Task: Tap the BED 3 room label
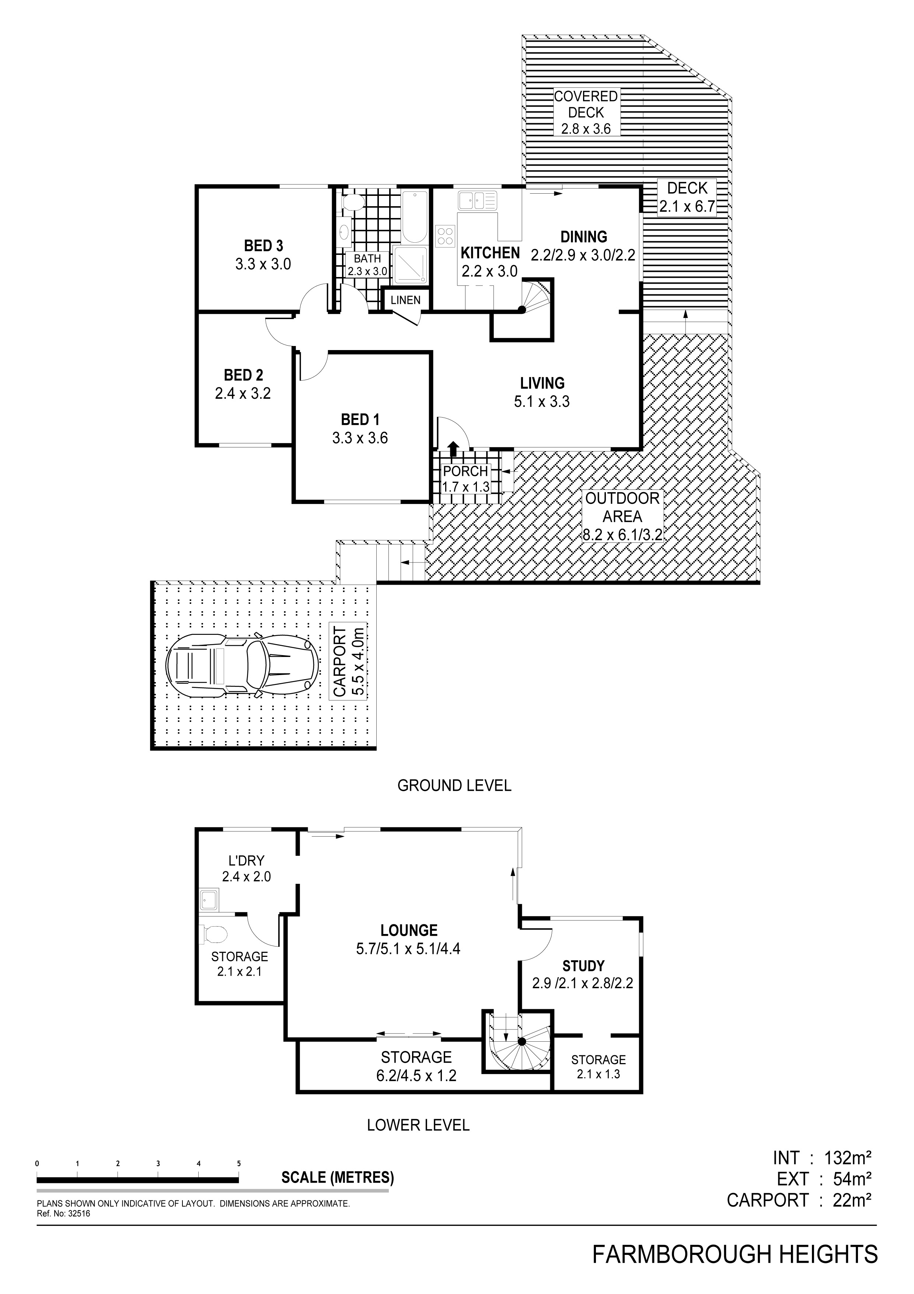coord(264,246)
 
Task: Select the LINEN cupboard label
coord(405,300)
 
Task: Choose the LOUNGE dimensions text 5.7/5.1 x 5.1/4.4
coord(408,949)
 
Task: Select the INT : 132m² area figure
coord(822,1159)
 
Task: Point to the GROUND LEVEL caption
coord(454,785)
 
